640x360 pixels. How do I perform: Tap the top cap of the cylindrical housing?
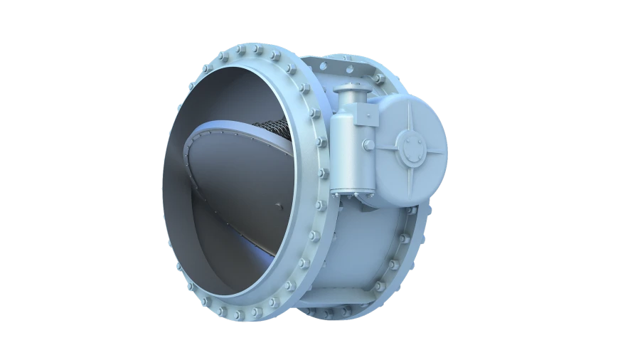point(348,94)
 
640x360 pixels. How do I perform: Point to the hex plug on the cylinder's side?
point(367,144)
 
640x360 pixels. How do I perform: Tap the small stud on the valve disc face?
point(279,207)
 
